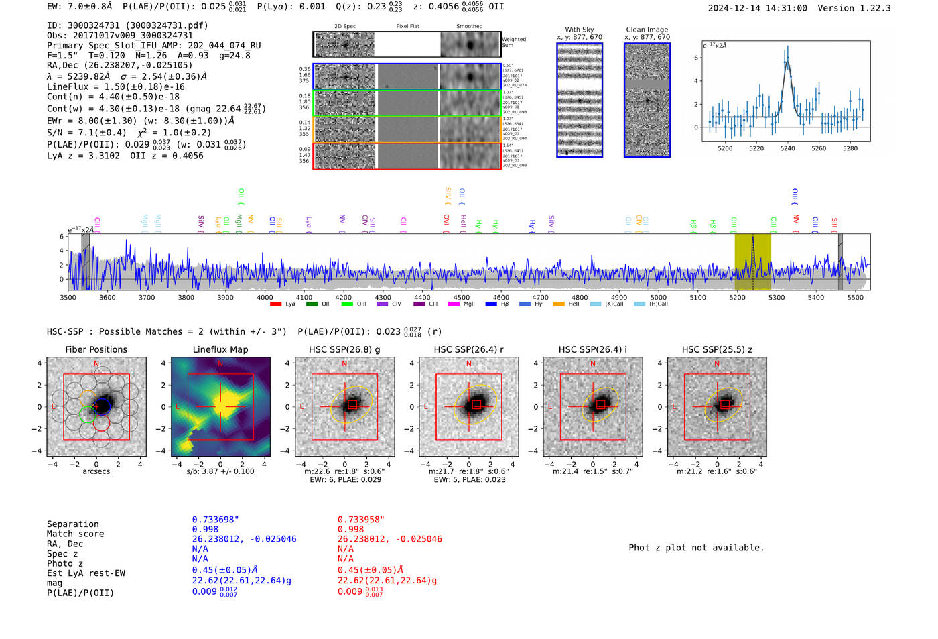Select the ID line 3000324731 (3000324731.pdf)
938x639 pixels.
point(127,25)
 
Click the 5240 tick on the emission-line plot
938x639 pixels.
point(787,148)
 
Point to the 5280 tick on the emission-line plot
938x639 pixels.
point(850,148)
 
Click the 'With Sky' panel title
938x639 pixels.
point(579,30)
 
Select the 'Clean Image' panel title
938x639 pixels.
point(647,30)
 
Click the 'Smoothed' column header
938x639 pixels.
point(469,27)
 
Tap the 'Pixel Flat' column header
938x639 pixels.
point(407,27)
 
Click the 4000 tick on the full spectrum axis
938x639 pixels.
point(265,297)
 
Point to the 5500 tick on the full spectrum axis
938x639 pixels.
point(855,297)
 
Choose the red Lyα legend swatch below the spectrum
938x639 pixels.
point(275,304)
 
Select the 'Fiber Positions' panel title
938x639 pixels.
point(96,349)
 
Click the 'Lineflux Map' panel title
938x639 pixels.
point(220,349)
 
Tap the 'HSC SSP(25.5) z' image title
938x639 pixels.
point(717,349)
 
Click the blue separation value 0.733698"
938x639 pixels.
point(215,520)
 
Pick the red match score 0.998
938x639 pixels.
point(350,529)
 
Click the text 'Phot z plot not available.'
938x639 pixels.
point(696,548)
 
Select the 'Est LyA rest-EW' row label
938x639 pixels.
point(86,573)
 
